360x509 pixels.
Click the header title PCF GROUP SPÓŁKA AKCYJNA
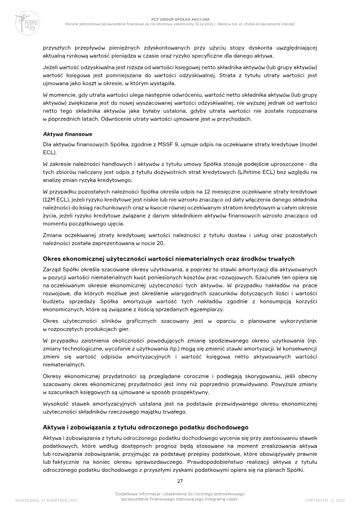pos(180,19)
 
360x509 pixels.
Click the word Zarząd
pos(53,269)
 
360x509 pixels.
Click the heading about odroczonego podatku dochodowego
pos(145,427)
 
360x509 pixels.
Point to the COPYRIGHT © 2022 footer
pos(324,500)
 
